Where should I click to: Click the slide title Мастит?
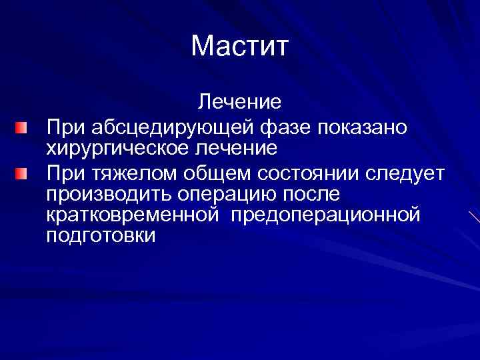tap(239, 47)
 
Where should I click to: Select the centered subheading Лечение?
tap(239, 102)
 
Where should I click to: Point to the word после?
tap(311, 195)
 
